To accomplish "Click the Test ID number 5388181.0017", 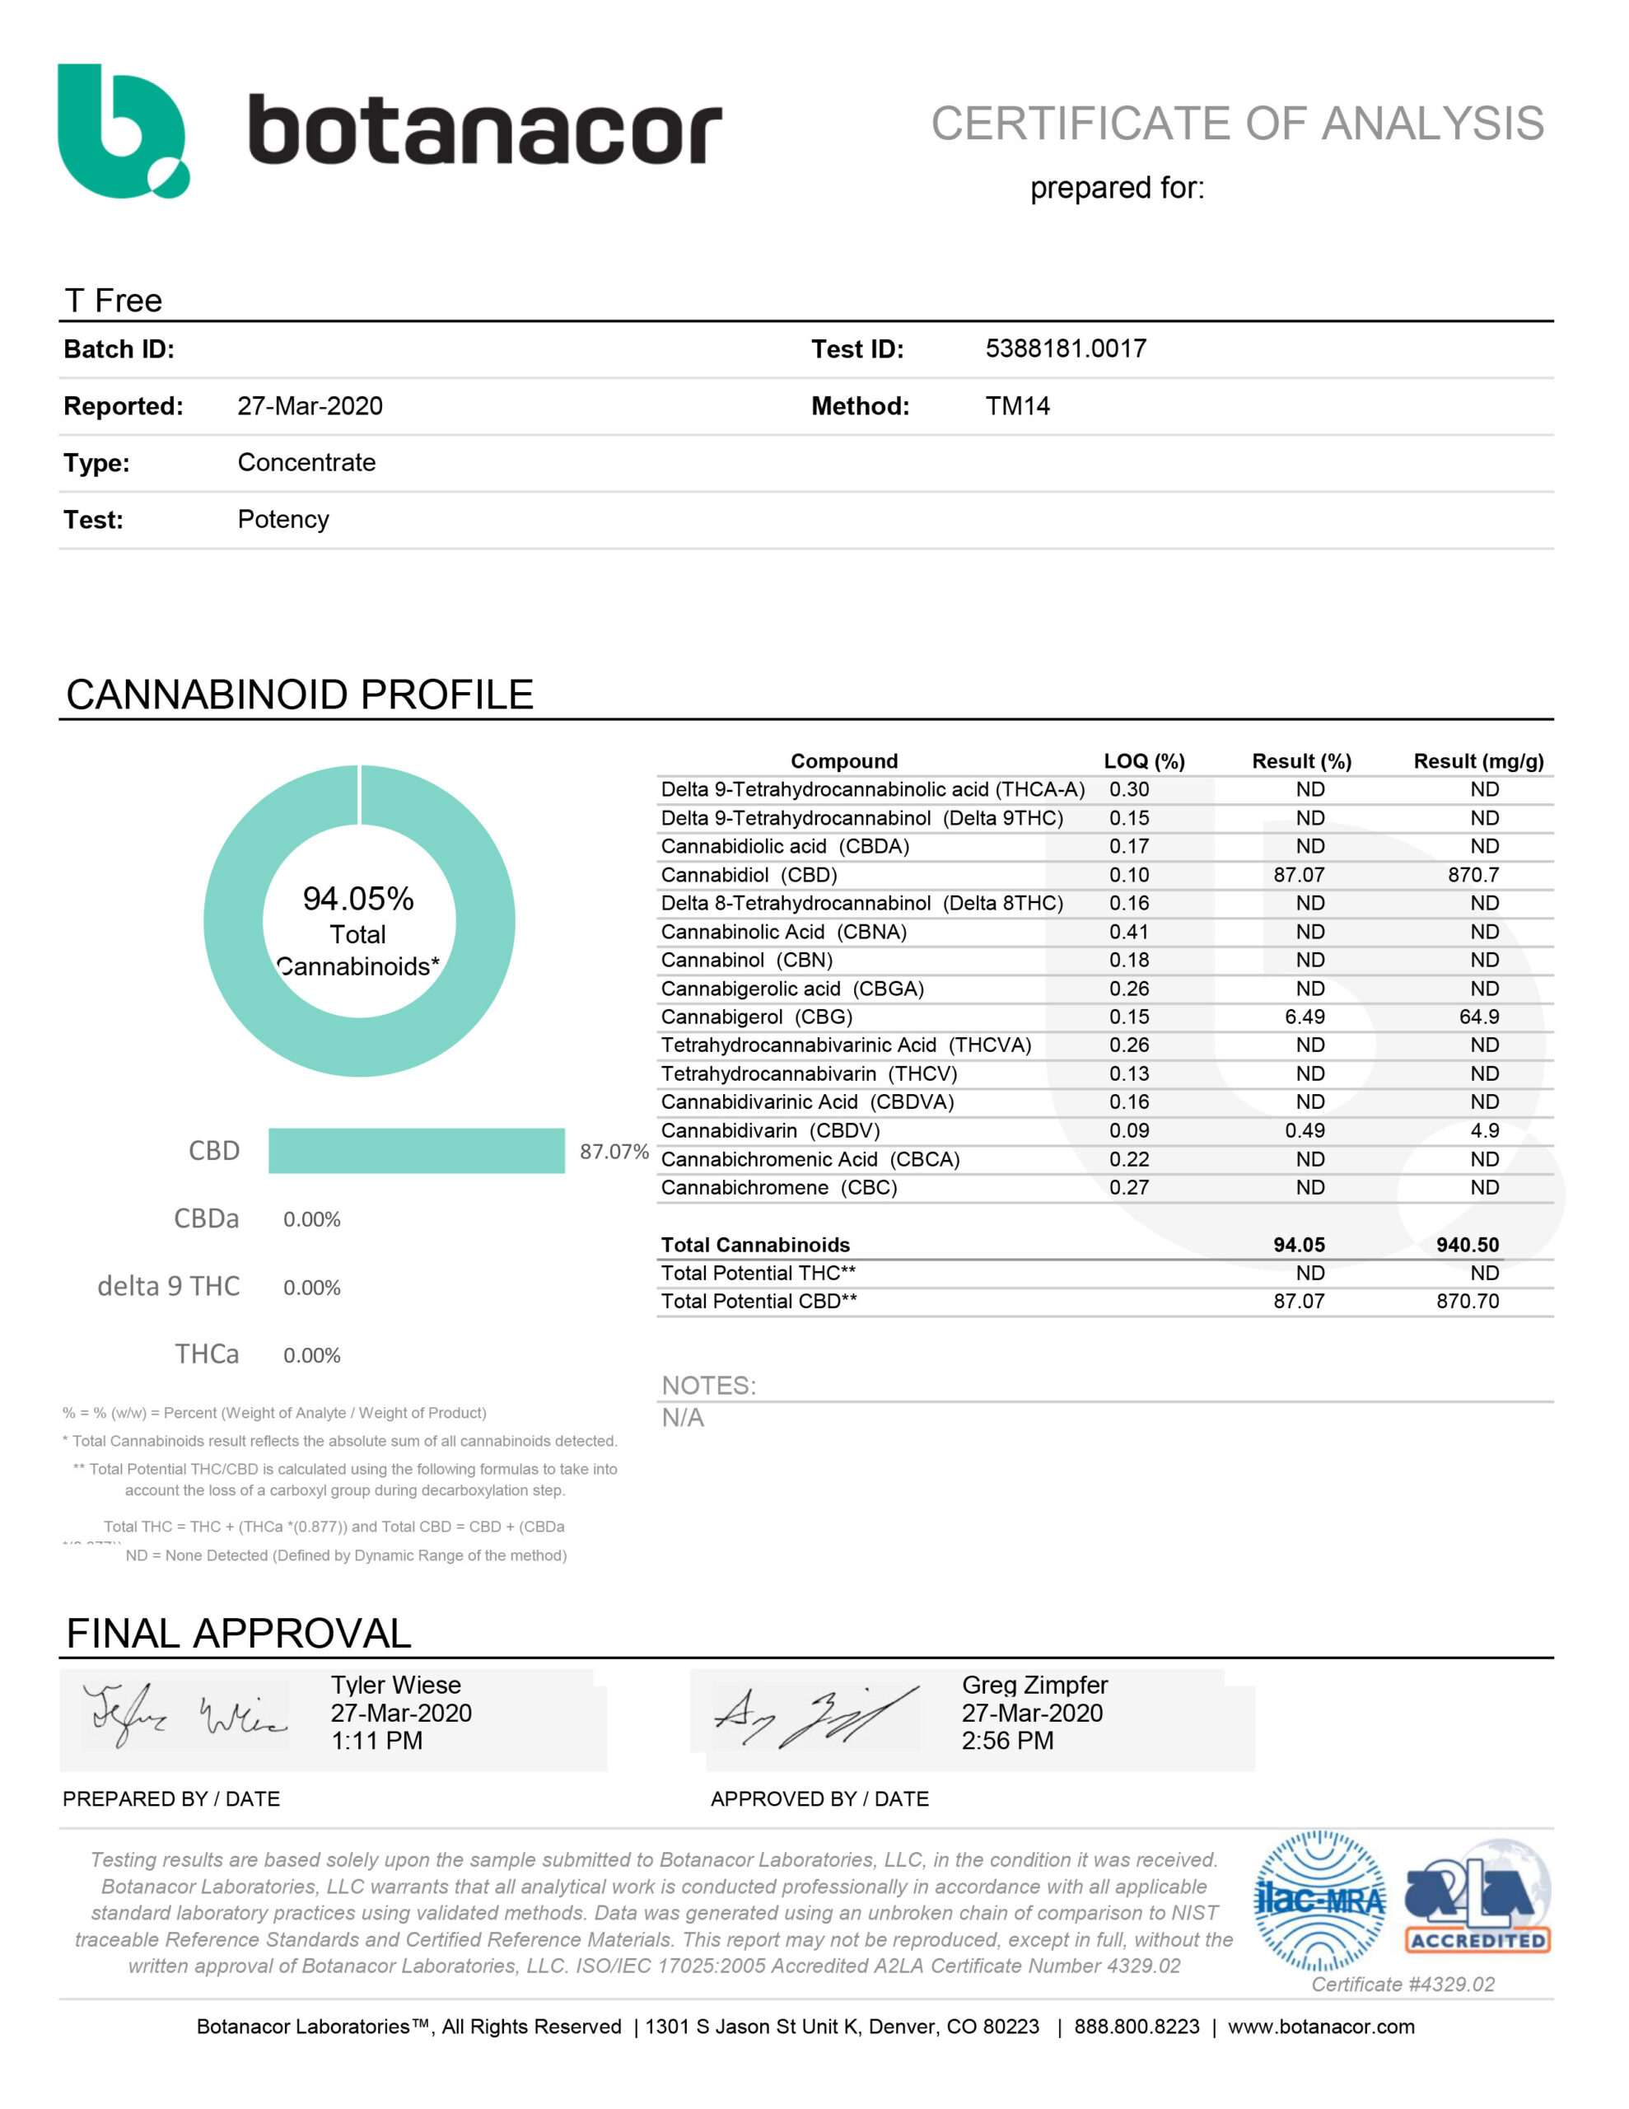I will click(1065, 348).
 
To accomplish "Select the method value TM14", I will click(1017, 405).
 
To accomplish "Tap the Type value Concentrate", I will click(306, 462).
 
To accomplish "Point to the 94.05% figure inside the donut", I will click(357, 898).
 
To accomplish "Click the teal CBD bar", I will click(416, 1150).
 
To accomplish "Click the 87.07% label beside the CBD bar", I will click(614, 1151).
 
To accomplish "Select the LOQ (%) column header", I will click(1143, 761).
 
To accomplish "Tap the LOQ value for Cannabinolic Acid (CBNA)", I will click(1129, 932).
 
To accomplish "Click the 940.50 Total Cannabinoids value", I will click(1467, 1245).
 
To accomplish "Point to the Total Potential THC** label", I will click(758, 1273).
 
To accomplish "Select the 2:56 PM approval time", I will click(1006, 1740).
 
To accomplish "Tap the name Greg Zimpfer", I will click(1034, 1685).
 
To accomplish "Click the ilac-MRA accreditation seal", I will click(1319, 1901).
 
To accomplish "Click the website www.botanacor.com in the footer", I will click(1320, 2026).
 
